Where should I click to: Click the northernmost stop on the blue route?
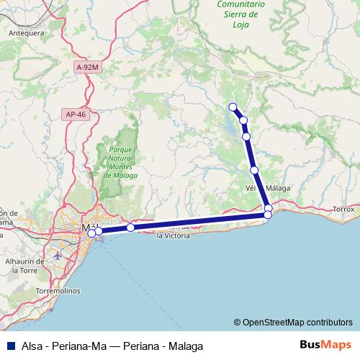coord(233,107)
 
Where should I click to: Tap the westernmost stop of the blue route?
coord(91,233)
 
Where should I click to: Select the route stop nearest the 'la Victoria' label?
coord(130,228)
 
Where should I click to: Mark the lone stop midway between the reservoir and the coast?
coord(254,170)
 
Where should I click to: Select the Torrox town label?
coord(344,210)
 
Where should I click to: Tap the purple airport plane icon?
coord(58,256)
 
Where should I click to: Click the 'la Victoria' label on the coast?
coord(173,235)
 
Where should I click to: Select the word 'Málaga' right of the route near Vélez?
coord(279,188)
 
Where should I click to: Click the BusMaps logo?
coord(324,345)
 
